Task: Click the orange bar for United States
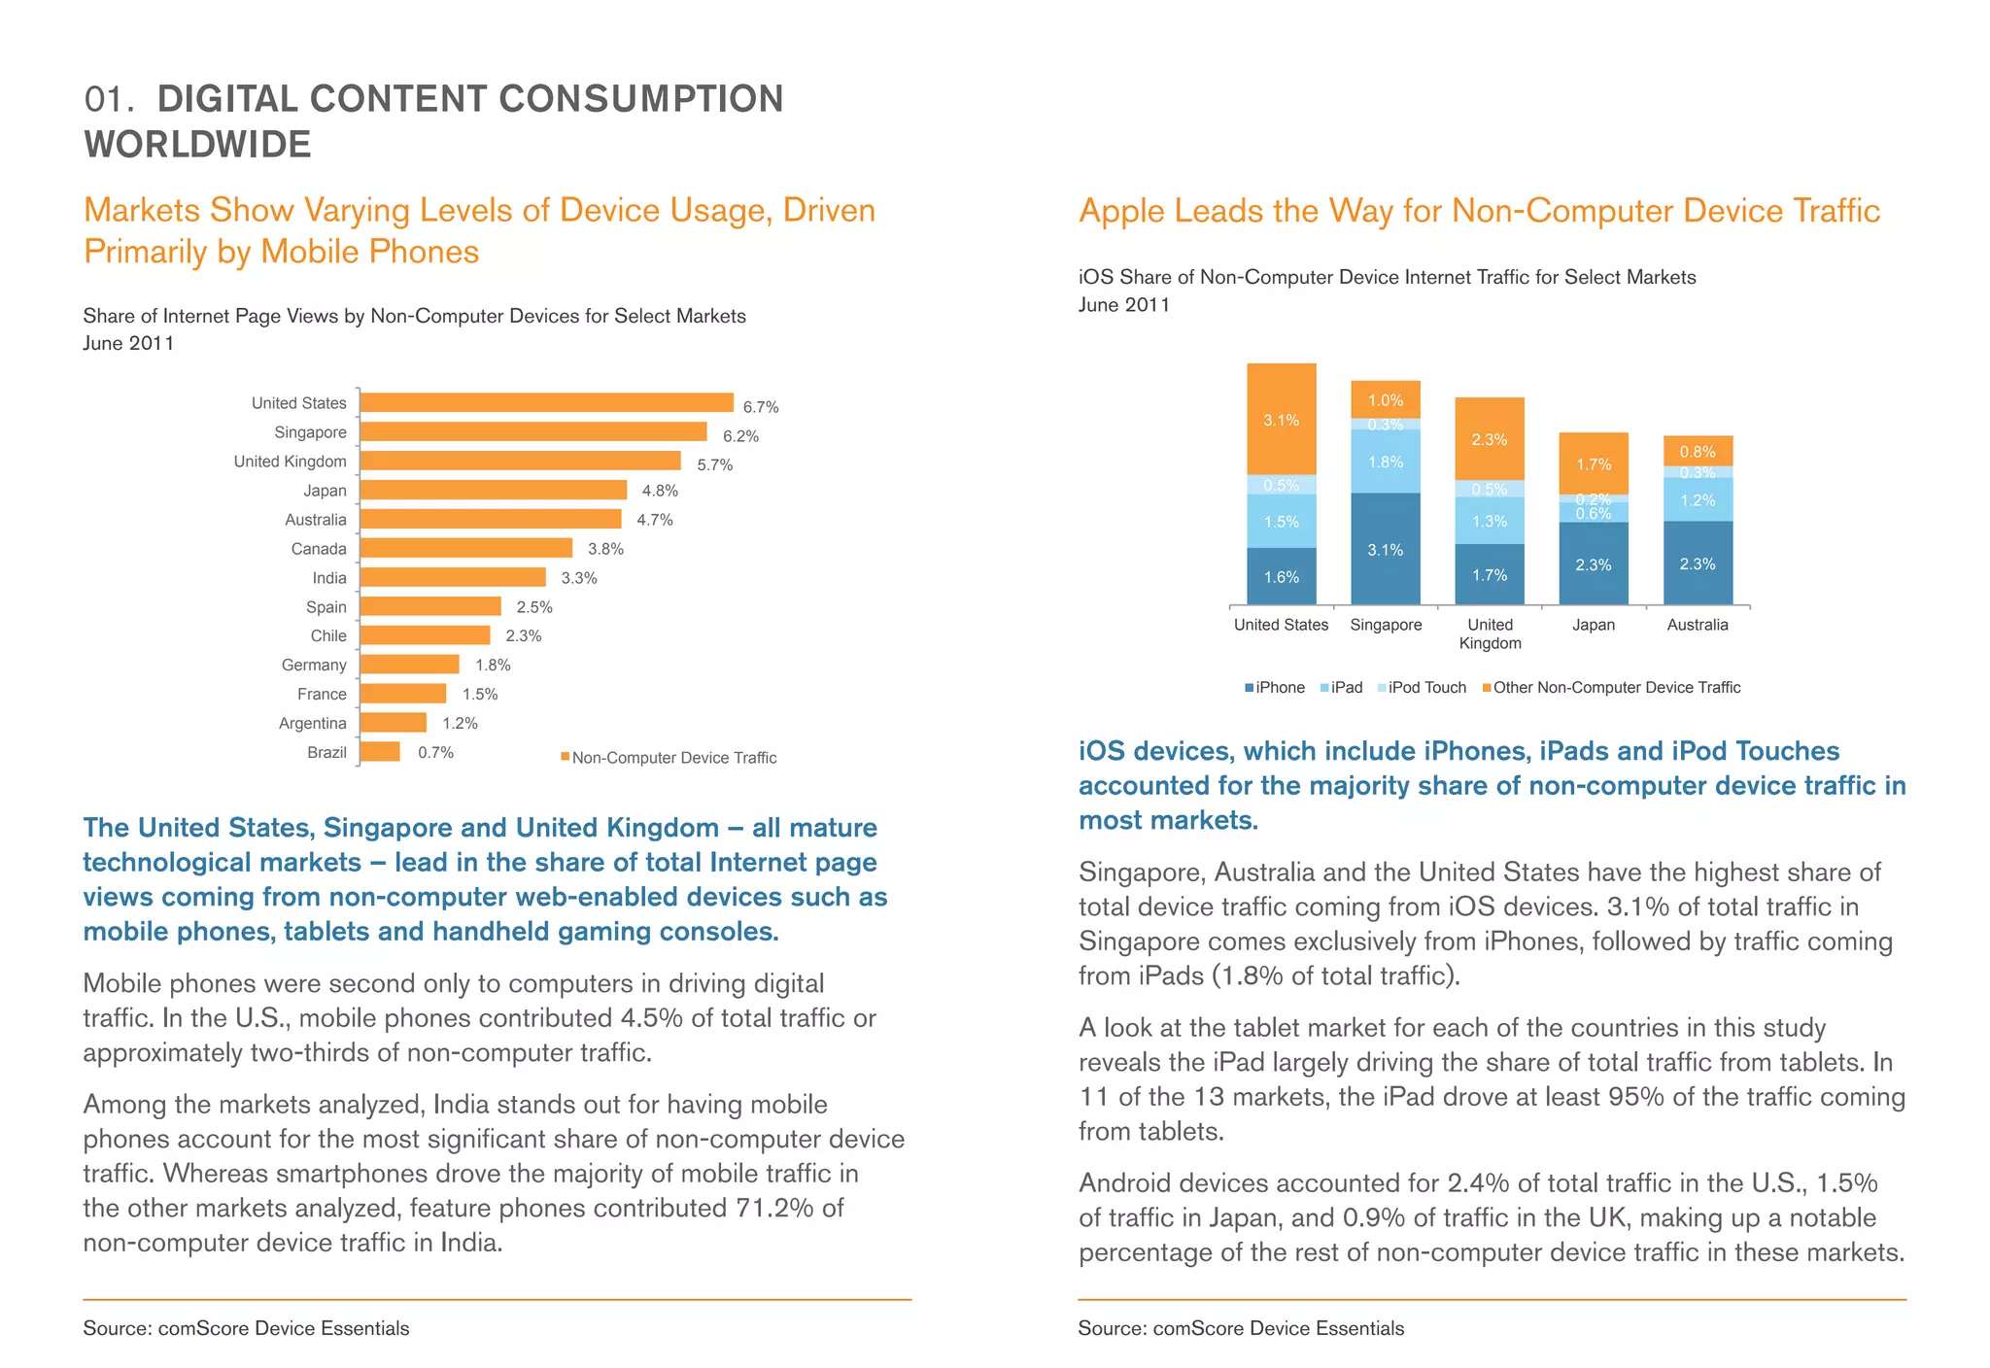pyautogui.click(x=546, y=402)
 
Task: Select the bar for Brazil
pyautogui.click(x=380, y=752)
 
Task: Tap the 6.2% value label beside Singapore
pyautogui.click(x=740, y=436)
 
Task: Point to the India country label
pyautogui.click(x=329, y=578)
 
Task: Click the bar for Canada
pyautogui.click(x=465, y=548)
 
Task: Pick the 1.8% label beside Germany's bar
pyautogui.click(x=493, y=666)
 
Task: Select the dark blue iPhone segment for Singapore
pyautogui.click(x=1385, y=549)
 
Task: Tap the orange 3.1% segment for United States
pyautogui.click(x=1281, y=419)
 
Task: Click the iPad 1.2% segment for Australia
pyautogui.click(x=1698, y=499)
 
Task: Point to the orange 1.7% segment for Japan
pyautogui.click(x=1594, y=463)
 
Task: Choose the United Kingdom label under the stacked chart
pyautogui.click(x=1490, y=633)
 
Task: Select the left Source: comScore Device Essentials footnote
pyautogui.click(x=246, y=1328)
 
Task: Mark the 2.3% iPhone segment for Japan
pyautogui.click(x=1594, y=564)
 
